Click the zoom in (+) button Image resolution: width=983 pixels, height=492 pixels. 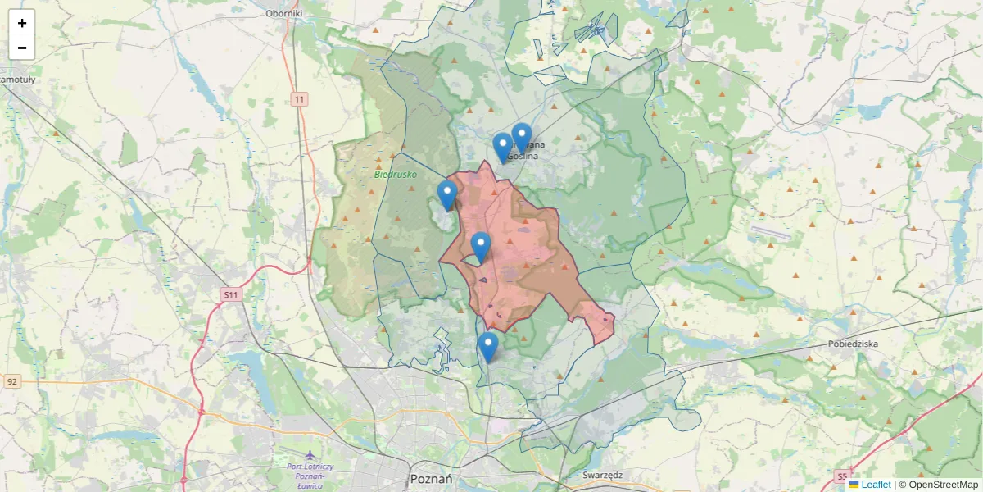click(22, 23)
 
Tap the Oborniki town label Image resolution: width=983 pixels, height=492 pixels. click(284, 13)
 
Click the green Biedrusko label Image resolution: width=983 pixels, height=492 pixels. click(396, 174)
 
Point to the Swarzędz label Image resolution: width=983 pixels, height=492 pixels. click(603, 475)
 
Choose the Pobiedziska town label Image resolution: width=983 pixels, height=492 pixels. click(853, 344)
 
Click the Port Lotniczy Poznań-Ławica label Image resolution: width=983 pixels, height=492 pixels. click(310, 476)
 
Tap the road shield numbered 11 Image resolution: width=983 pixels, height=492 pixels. click(300, 99)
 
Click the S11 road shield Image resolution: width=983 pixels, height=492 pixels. click(232, 294)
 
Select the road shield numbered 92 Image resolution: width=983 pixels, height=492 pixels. click(11, 381)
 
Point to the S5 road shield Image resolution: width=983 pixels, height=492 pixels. click(842, 476)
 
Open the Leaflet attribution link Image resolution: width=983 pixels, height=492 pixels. click(876, 485)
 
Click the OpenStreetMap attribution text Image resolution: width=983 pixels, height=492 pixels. click(943, 485)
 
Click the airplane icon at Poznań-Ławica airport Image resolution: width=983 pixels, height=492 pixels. click(310, 455)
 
